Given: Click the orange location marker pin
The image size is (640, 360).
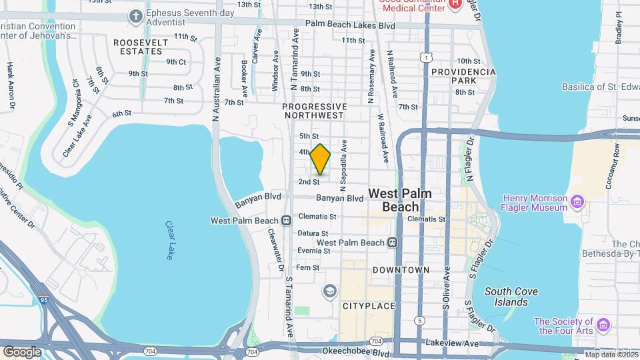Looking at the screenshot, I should click(x=321, y=159).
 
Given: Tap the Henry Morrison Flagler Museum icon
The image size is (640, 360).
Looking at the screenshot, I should click(x=577, y=200).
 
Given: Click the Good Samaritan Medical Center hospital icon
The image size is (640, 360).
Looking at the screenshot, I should click(x=455, y=4).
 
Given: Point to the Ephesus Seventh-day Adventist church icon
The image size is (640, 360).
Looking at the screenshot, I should click(x=136, y=15).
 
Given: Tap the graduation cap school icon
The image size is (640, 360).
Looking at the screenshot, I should click(x=328, y=291).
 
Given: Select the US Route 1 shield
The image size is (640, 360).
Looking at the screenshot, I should click(x=425, y=59).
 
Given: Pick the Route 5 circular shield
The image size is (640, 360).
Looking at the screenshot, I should click(x=419, y=321).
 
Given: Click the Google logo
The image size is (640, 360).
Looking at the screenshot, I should click(x=22, y=351).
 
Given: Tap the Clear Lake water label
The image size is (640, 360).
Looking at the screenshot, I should click(x=169, y=241).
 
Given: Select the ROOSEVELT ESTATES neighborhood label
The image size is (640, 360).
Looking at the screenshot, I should click(x=140, y=46).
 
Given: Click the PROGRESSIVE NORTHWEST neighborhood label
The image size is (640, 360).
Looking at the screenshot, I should click(x=315, y=111).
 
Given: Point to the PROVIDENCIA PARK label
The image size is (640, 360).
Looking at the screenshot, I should click(x=463, y=76).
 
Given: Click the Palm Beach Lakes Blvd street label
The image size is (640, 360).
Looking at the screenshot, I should click(x=351, y=24).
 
